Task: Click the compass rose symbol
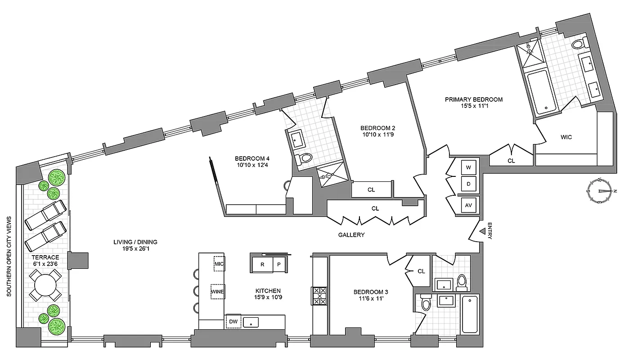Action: coord(601,189)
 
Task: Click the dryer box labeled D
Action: coord(468,184)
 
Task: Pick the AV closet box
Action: coord(468,205)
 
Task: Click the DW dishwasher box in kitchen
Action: coord(233,322)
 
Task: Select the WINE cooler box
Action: coord(218,292)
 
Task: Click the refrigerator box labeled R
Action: coord(262,265)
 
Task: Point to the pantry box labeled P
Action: coord(279,265)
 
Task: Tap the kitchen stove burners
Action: coord(320,296)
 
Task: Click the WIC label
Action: coord(566,137)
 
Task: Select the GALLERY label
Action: coord(351,235)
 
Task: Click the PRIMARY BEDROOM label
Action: coord(473,99)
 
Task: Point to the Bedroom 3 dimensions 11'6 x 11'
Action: coord(371,299)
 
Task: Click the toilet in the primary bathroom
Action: coord(577,44)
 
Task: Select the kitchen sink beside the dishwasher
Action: coord(251,322)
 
